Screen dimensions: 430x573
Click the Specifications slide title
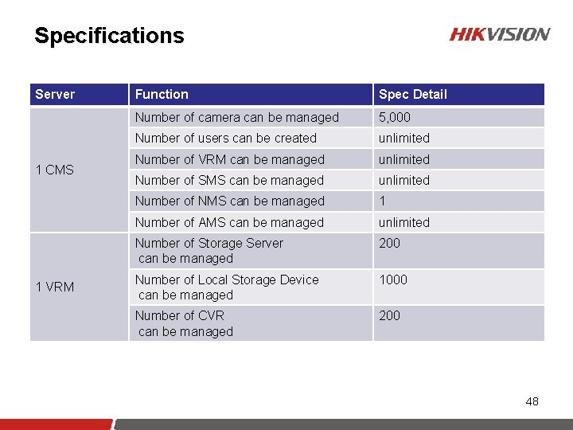pyautogui.click(x=109, y=36)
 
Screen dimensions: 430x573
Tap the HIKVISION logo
pyautogui.click(x=499, y=34)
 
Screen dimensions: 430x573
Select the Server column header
pyautogui.click(x=55, y=94)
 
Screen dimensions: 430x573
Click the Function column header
pyautogui.click(x=162, y=94)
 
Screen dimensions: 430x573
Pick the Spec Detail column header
pyautogui.click(x=412, y=94)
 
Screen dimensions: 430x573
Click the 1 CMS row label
pyautogui.click(x=55, y=170)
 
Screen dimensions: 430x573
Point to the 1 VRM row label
pyautogui.click(x=55, y=287)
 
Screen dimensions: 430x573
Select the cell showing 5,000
pyautogui.click(x=395, y=117)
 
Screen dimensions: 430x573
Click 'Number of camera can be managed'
pyautogui.click(x=236, y=117)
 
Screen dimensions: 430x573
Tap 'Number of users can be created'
pyautogui.click(x=225, y=138)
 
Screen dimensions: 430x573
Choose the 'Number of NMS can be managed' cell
pyautogui.click(x=229, y=201)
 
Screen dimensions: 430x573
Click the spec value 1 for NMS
pyautogui.click(x=383, y=201)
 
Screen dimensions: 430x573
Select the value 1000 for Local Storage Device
pyautogui.click(x=393, y=279)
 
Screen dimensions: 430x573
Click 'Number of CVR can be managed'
pyautogui.click(x=184, y=323)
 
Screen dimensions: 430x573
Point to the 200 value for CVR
pyautogui.click(x=390, y=315)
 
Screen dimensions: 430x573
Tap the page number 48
pyautogui.click(x=532, y=401)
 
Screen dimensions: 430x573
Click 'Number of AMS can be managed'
pyautogui.click(x=229, y=222)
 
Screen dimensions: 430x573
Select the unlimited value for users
pyautogui.click(x=403, y=138)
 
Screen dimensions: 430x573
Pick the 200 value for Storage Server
pyautogui.click(x=390, y=243)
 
